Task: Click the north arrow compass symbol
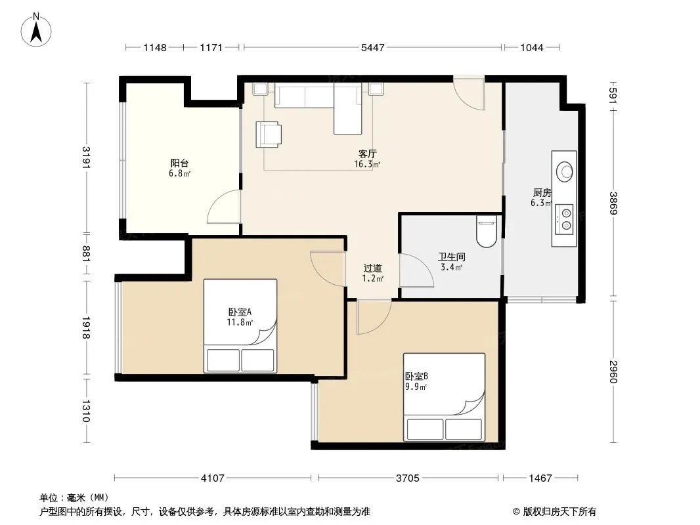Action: click(x=36, y=30)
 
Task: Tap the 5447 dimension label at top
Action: click(x=372, y=47)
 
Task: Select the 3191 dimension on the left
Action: click(x=86, y=157)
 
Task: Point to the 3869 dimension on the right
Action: click(x=613, y=203)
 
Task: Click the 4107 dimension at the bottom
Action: click(x=213, y=478)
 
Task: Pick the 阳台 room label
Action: click(x=179, y=163)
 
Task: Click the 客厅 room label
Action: click(x=368, y=154)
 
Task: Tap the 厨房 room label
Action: click(x=542, y=193)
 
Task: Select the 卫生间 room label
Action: click(x=451, y=257)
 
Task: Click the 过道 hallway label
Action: click(x=372, y=268)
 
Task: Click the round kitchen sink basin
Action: click(x=565, y=171)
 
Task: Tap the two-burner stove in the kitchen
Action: click(x=563, y=219)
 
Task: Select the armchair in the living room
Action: click(x=269, y=135)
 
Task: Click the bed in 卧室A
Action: click(x=240, y=325)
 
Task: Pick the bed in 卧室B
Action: click(x=444, y=397)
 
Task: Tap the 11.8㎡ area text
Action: click(x=240, y=322)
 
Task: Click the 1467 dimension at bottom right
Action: click(x=540, y=478)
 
